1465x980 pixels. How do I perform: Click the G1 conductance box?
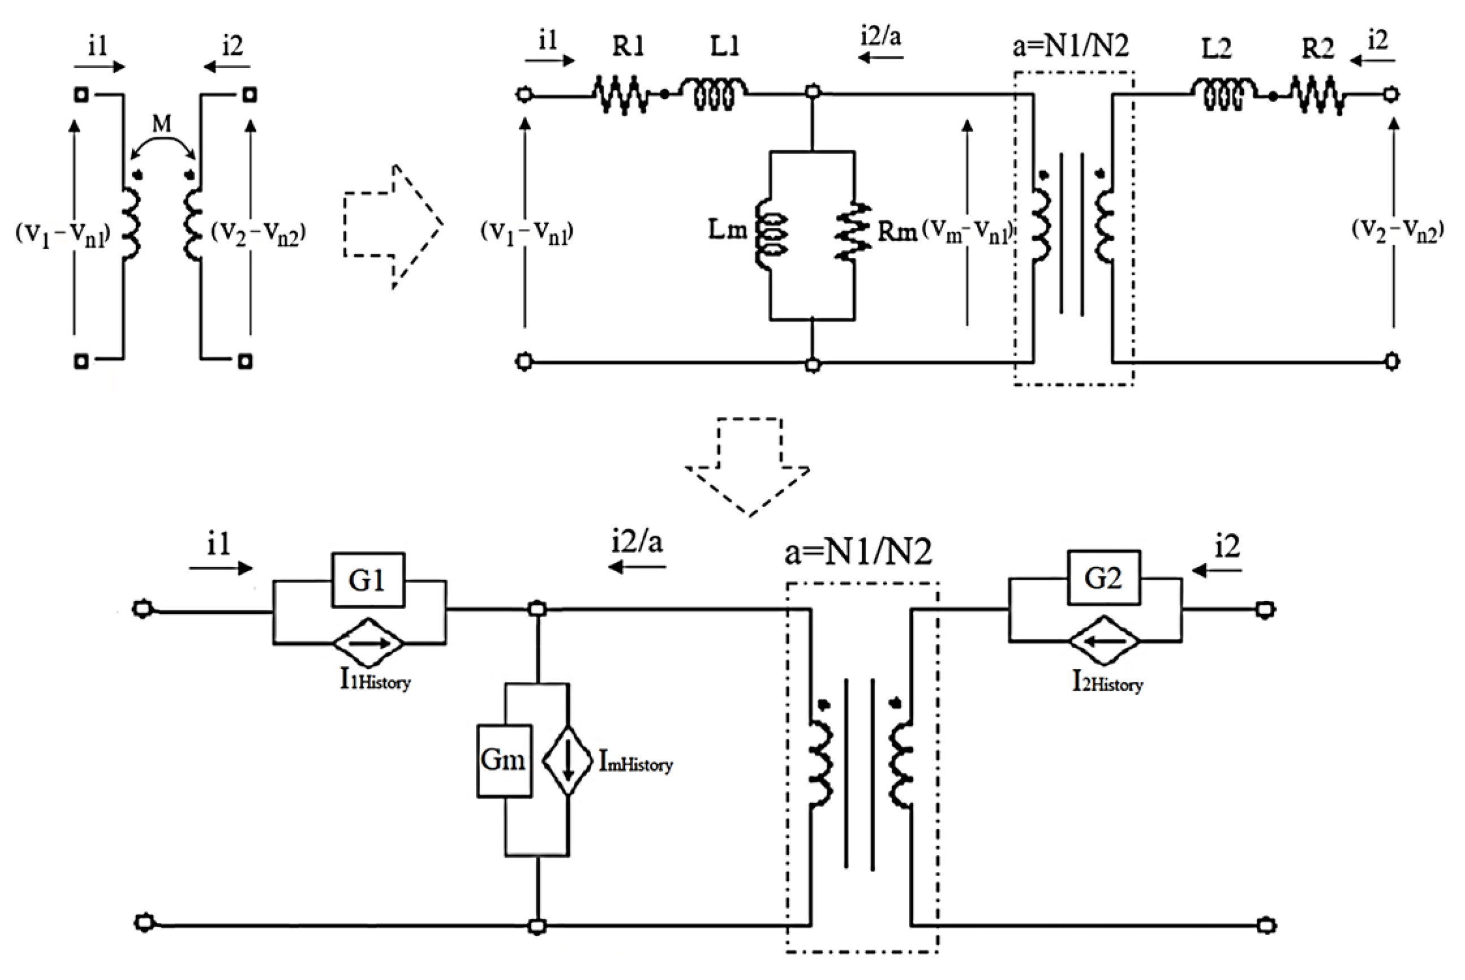[367, 580]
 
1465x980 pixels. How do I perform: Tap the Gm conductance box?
[504, 761]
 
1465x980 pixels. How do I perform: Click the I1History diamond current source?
[369, 642]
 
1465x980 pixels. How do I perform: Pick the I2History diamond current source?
[1104, 641]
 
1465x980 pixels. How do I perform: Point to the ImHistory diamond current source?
[567, 761]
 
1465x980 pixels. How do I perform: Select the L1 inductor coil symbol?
[714, 94]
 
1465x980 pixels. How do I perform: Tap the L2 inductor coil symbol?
[1223, 94]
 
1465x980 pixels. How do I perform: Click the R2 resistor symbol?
[1318, 95]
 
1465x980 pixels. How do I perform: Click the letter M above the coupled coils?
[162, 124]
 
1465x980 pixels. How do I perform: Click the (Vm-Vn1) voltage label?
[967, 233]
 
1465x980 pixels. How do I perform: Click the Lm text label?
[728, 230]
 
